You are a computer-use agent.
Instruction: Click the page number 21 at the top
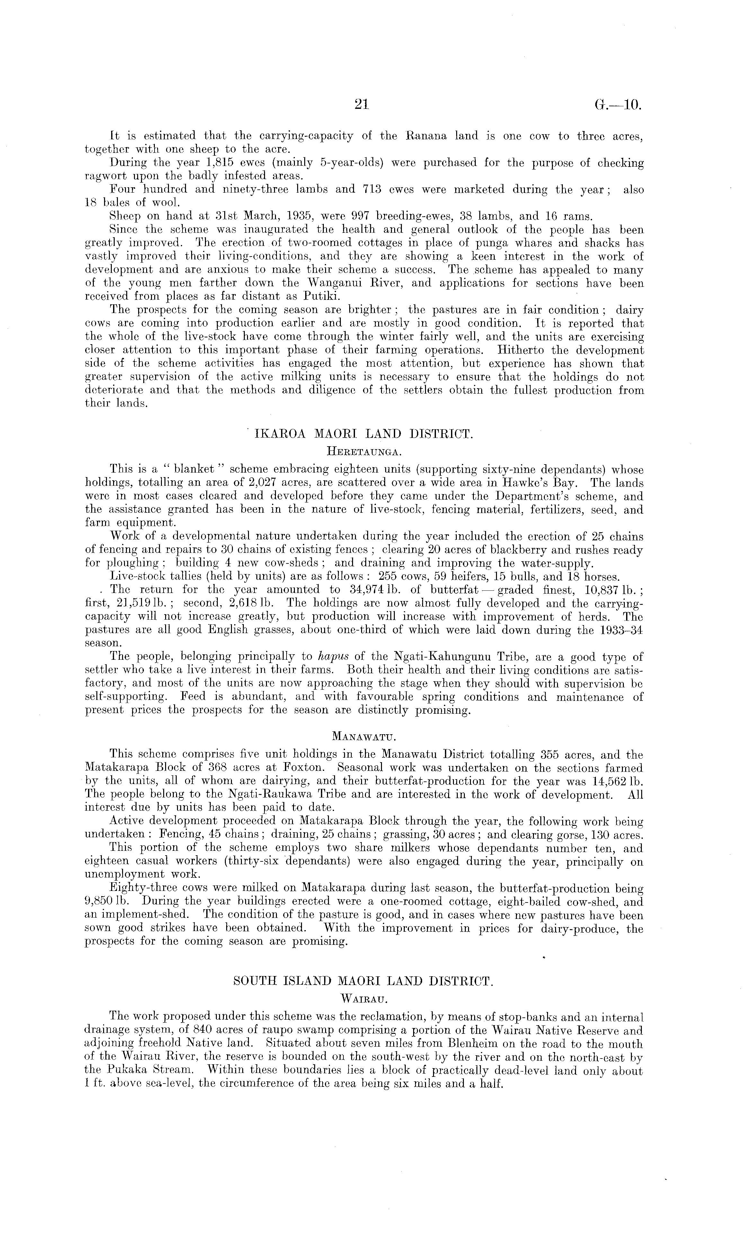pyautogui.click(x=361, y=104)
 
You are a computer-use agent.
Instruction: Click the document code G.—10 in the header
pyautogui.click(x=618, y=105)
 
